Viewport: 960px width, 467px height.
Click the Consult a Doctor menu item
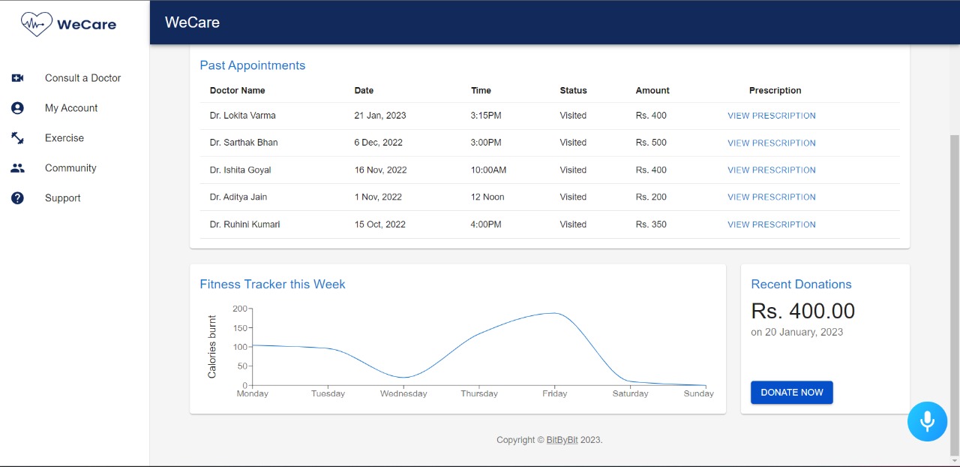[82, 78]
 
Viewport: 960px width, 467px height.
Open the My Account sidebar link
[71, 108]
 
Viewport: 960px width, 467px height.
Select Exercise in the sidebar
[64, 138]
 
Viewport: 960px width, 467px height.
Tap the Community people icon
[18, 168]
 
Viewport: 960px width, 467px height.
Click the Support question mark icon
[18, 198]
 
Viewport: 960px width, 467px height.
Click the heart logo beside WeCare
[37, 24]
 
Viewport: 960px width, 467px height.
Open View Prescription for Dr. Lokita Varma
[771, 116]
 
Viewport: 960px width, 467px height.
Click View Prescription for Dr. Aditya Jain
[771, 197]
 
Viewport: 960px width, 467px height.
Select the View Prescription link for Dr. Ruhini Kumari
[771, 224]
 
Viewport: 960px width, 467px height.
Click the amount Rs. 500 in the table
[651, 143]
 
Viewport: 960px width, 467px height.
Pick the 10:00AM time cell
[488, 170]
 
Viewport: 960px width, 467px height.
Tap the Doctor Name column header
[237, 90]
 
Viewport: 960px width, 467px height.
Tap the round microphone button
[927, 420]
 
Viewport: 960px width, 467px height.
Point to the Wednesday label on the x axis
[403, 393]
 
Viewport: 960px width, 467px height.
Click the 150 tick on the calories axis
[240, 328]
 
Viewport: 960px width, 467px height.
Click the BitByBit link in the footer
[562, 440]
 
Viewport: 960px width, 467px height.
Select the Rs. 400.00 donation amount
[802, 311]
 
